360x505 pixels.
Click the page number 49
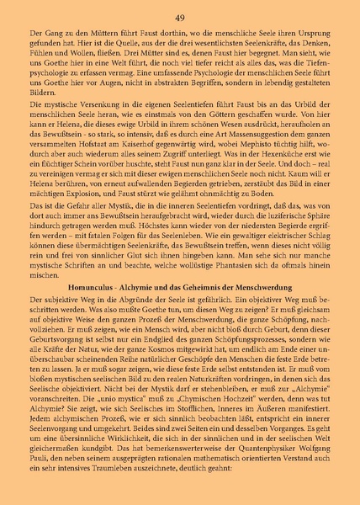179,18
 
